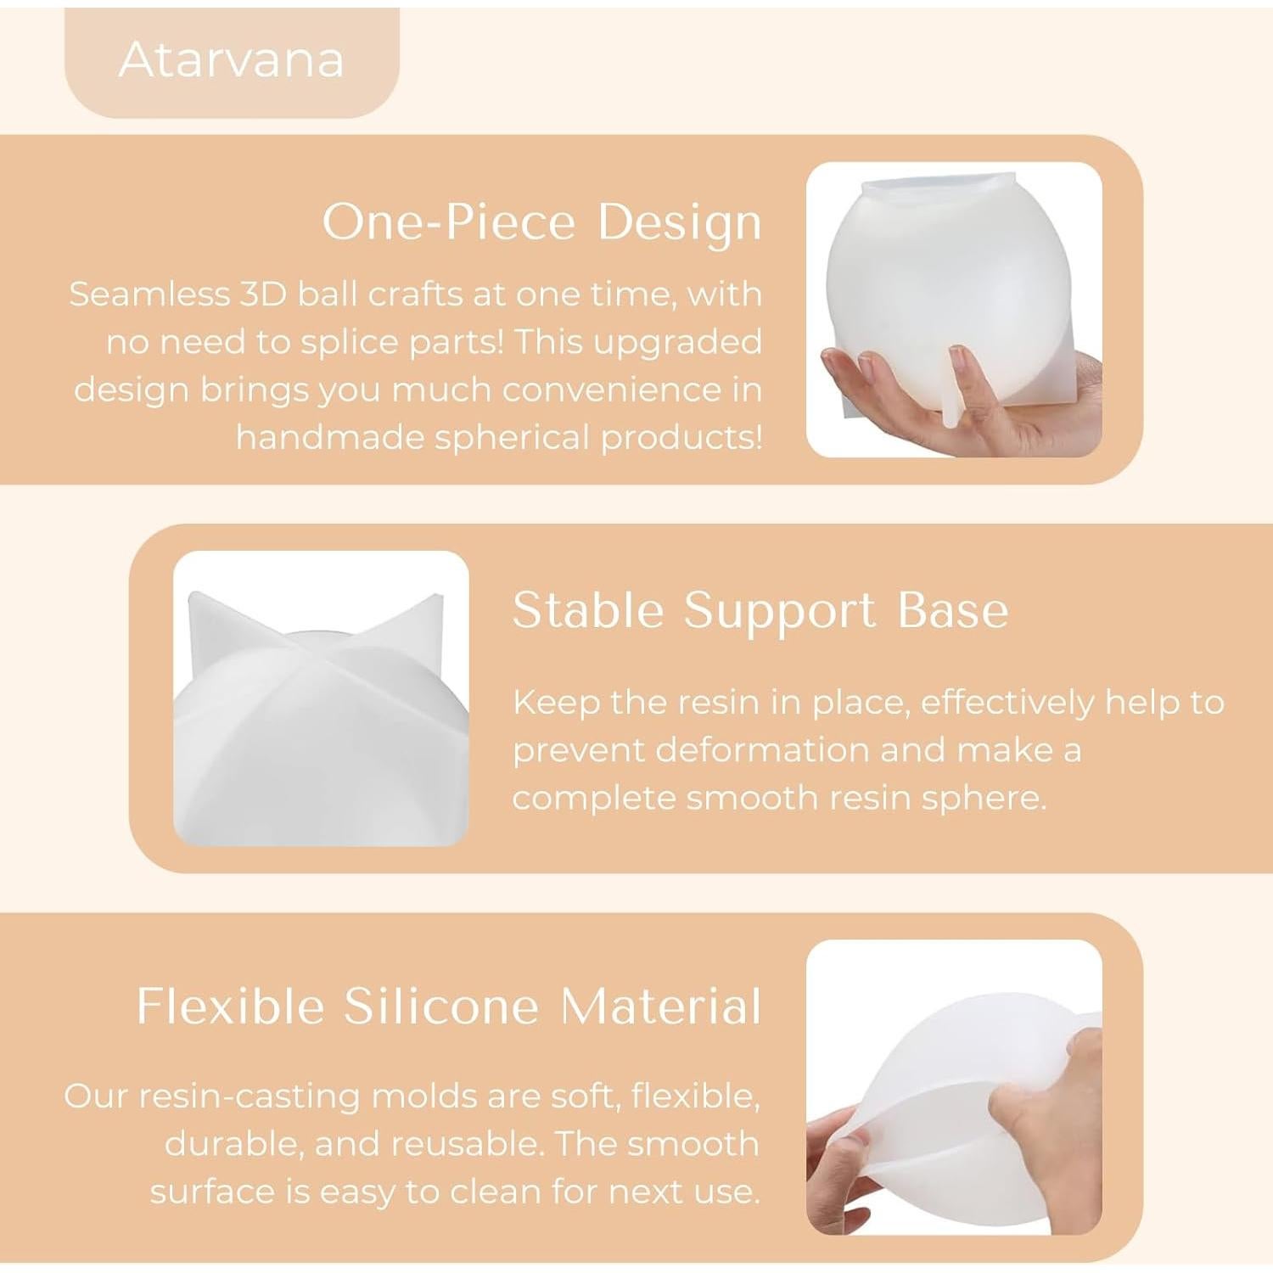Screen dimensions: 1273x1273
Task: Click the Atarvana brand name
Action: point(231,60)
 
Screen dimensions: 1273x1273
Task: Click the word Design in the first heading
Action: point(679,222)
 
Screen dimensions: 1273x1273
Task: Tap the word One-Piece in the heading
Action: point(449,222)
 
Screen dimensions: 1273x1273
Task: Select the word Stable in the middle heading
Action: point(588,610)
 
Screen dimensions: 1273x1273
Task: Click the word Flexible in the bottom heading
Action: point(230,1007)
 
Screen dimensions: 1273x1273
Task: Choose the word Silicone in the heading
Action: point(441,1007)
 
